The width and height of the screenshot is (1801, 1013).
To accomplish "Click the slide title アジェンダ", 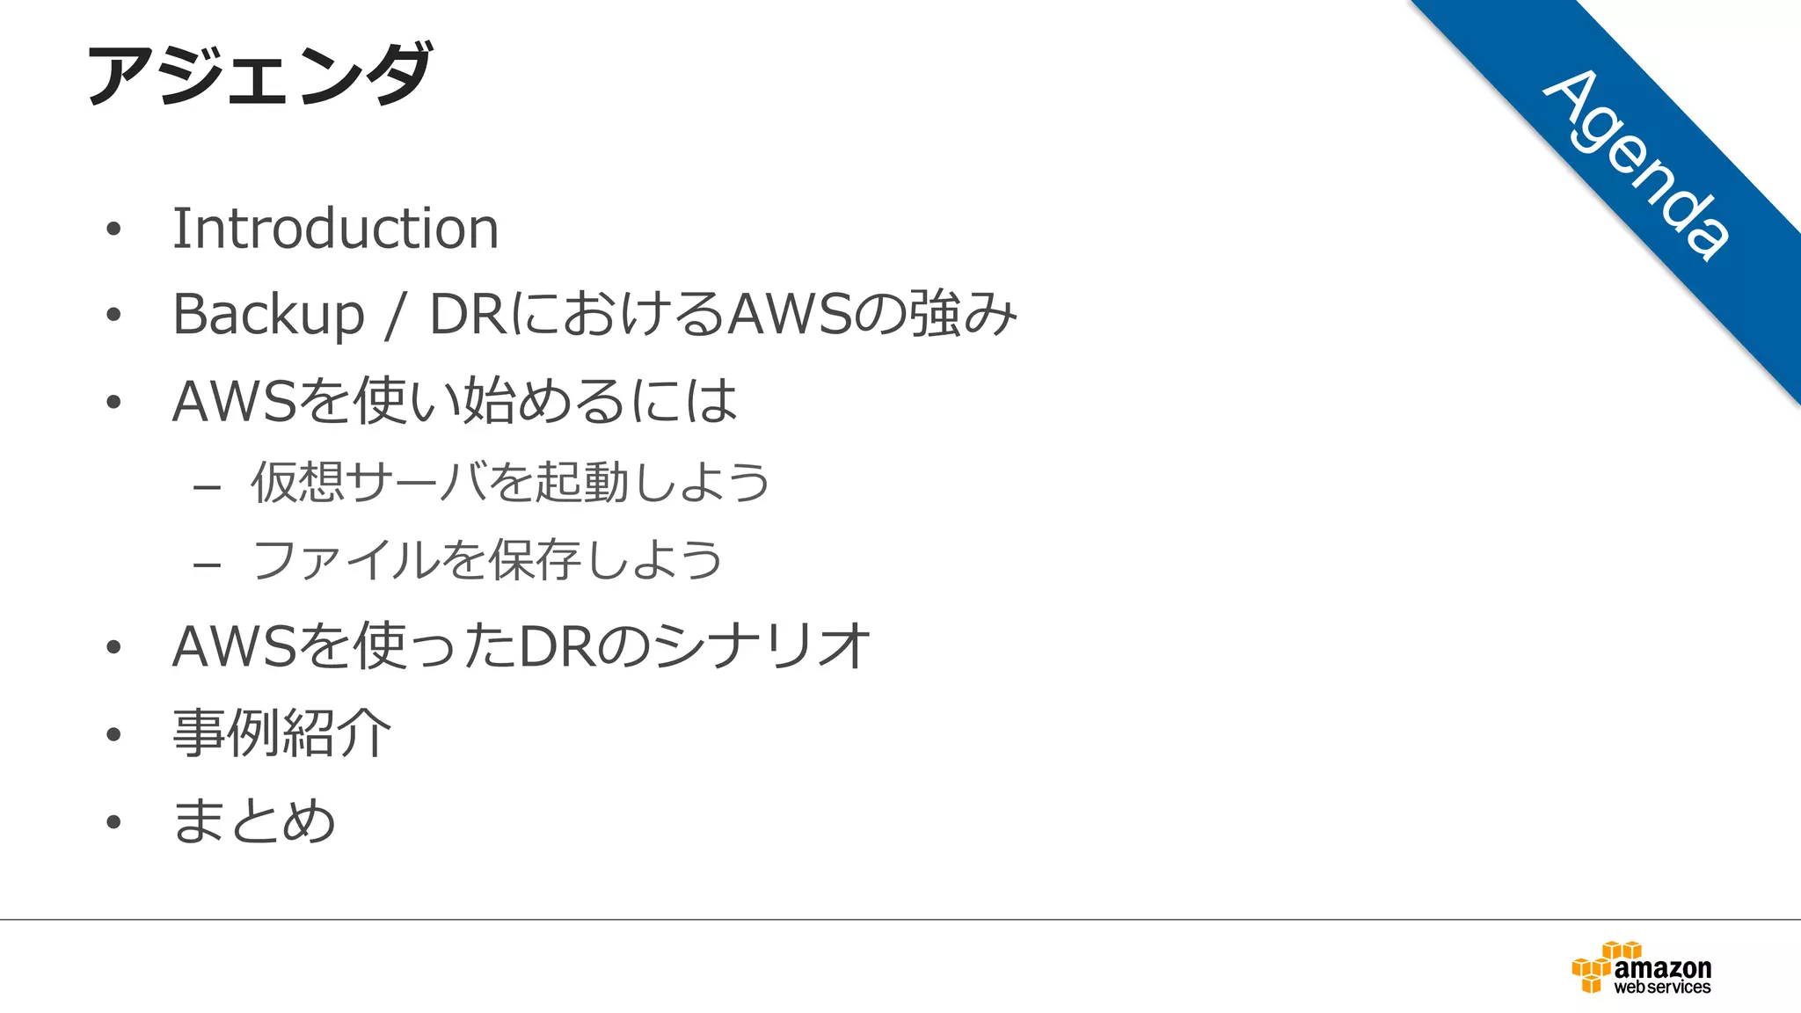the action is [x=259, y=74].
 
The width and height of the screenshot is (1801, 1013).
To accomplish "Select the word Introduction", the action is [x=335, y=229].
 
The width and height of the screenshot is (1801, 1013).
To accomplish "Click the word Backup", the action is [x=268, y=314].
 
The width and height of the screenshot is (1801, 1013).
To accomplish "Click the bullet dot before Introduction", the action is [x=113, y=230].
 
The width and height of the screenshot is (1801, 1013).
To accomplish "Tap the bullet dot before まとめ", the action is [x=113, y=822].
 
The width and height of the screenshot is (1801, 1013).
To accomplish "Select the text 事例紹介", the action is [x=281, y=733].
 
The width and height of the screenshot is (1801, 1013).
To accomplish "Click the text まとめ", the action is [x=254, y=821].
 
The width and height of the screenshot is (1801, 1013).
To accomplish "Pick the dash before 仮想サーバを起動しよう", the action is [x=207, y=486].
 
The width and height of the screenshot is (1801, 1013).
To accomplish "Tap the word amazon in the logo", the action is [x=1663, y=968].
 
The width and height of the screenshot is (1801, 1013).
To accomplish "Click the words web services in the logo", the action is [x=1662, y=987].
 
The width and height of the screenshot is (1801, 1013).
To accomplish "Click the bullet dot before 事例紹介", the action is [x=113, y=734].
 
